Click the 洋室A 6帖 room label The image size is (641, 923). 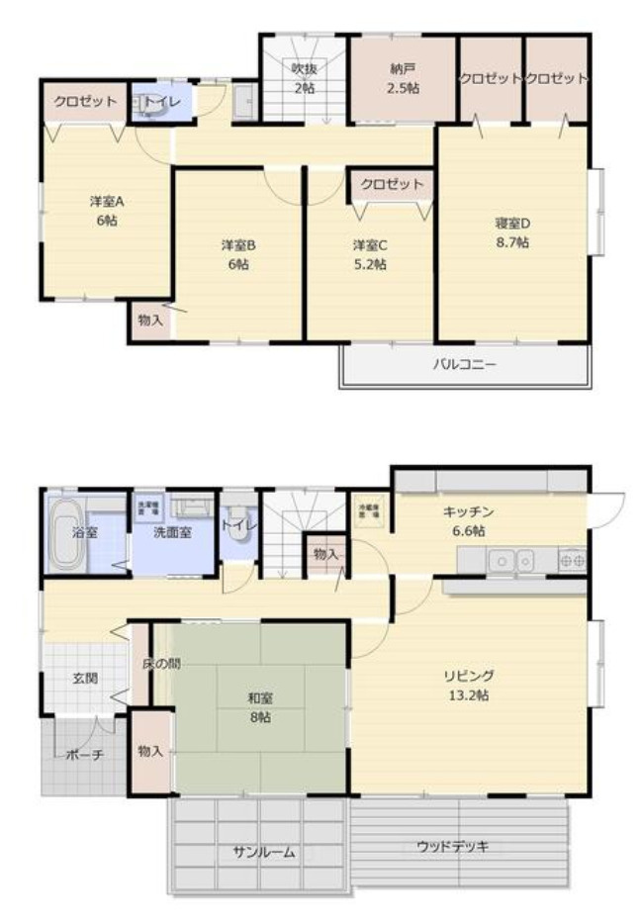pos(106,211)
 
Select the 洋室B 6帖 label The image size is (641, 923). pos(238,254)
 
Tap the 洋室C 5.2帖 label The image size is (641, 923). pos(369,254)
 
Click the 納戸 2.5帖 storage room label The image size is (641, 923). pos(403,78)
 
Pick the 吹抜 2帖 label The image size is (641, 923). pos(303,78)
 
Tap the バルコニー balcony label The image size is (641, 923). pos(464,363)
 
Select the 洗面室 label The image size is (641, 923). pos(172,532)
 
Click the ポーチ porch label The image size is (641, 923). pos(84,754)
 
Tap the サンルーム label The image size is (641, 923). pos(263,852)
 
